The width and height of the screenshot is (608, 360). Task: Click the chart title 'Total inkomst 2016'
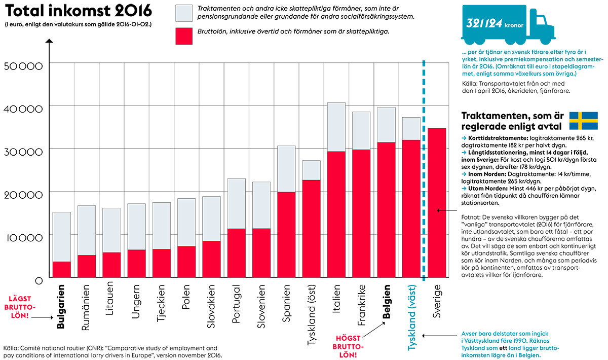click(x=79, y=11)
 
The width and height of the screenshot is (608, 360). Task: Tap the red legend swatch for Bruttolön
click(x=184, y=36)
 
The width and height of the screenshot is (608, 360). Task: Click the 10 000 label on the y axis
click(x=24, y=236)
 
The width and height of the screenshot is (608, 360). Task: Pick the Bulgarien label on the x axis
click(x=61, y=309)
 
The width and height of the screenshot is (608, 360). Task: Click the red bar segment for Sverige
click(x=437, y=203)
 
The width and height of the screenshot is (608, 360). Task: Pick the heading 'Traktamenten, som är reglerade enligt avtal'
click(x=511, y=121)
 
